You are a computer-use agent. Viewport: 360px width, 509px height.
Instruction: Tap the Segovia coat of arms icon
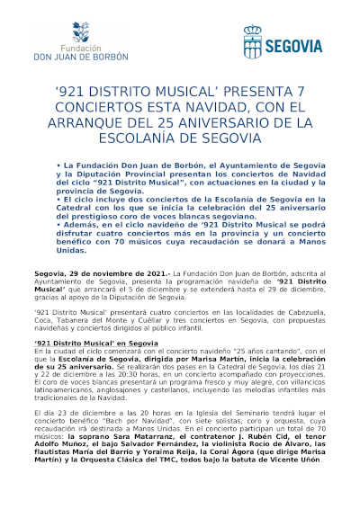point(254,41)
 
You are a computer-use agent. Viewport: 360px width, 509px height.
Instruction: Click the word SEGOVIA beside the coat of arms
point(293,42)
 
